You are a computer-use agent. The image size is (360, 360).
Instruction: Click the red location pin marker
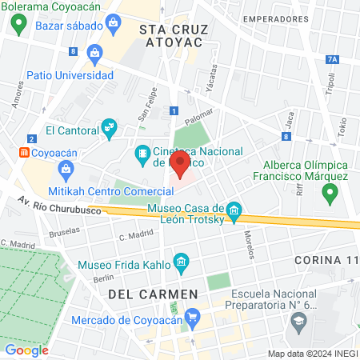[180, 165]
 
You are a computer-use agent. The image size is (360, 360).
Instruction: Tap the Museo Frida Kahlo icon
[182, 262]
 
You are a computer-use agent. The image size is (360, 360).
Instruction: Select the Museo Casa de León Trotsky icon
[234, 211]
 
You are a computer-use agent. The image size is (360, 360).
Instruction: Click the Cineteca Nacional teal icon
[142, 151]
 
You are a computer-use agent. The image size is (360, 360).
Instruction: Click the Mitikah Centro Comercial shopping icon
[66, 169]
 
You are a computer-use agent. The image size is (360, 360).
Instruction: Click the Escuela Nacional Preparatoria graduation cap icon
[299, 321]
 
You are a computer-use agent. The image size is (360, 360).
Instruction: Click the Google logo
[26, 350]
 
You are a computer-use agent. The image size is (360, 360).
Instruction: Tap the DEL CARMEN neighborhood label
[153, 294]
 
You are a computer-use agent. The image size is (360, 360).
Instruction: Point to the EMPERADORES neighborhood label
[277, 18]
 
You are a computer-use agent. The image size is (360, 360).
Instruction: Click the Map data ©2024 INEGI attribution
[311, 354]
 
